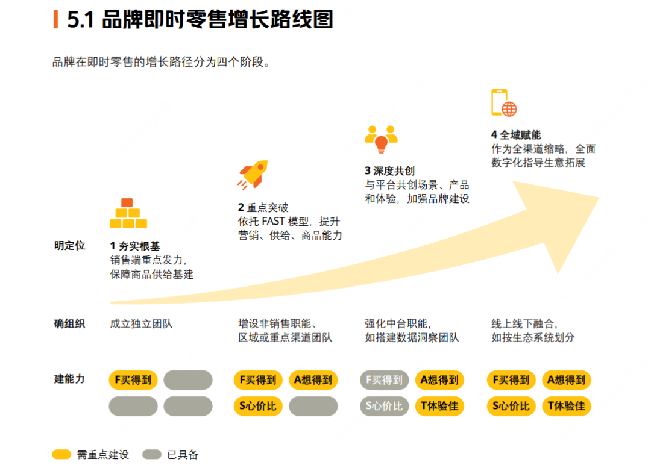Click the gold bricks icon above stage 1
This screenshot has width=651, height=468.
pyautogui.click(x=128, y=214)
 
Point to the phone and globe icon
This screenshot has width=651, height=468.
pyautogui.click(x=505, y=103)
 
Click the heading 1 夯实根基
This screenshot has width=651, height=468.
pyautogui.click(x=135, y=246)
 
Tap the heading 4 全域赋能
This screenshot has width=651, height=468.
pyautogui.click(x=516, y=135)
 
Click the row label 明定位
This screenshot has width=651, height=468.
pyautogui.click(x=69, y=246)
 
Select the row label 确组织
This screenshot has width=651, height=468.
pyautogui.click(x=69, y=324)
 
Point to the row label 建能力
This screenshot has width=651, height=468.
pyautogui.click(x=69, y=379)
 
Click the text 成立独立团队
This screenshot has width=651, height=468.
pyautogui.click(x=141, y=324)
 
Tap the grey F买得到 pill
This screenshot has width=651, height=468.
pyautogui.click(x=384, y=380)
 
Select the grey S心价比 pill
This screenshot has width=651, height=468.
pyautogui.click(x=384, y=406)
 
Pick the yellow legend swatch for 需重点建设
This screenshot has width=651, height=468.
pyautogui.click(x=61, y=455)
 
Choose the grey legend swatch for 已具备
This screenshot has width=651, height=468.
pyautogui.click(x=152, y=455)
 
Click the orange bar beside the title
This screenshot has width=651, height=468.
pyautogui.click(x=56, y=20)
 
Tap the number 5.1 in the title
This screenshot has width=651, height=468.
pyautogui.click(x=81, y=20)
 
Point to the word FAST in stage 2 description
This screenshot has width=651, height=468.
pyautogui.click(x=274, y=221)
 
